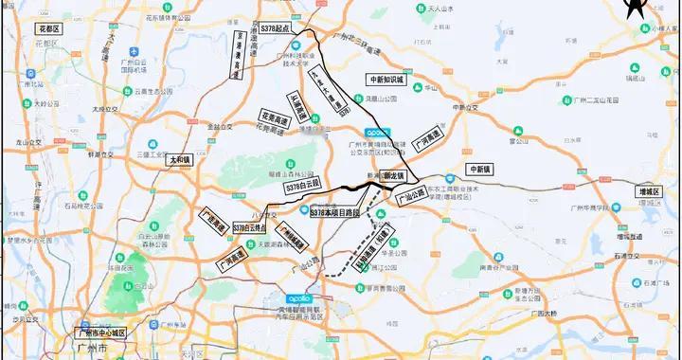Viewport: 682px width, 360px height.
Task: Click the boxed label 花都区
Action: pyautogui.click(x=47, y=29)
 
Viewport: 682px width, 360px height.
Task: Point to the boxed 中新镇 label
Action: pyautogui.click(x=481, y=168)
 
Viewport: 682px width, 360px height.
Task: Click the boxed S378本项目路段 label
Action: pyautogui.click(x=334, y=213)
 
